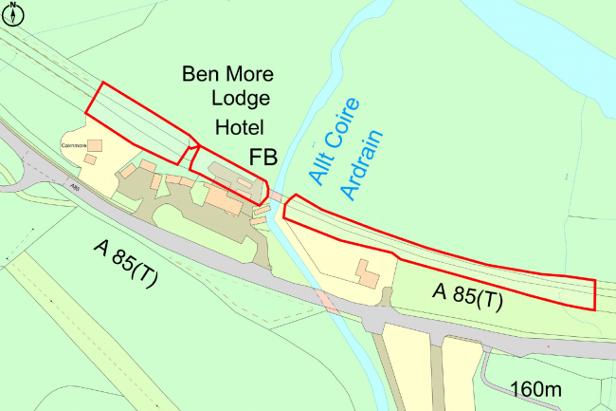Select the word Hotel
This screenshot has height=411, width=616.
point(240,127)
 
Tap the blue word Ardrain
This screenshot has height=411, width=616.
point(363,164)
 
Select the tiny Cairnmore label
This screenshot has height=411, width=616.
point(74,145)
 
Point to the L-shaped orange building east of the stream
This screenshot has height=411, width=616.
point(366,273)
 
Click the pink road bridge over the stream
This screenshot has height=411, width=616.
point(325,303)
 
